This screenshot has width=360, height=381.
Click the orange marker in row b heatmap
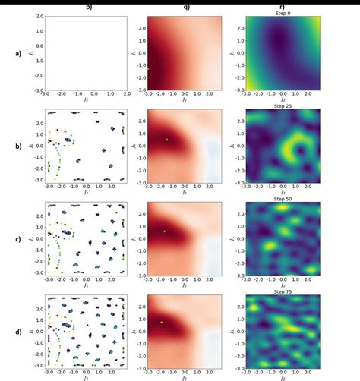(166, 140)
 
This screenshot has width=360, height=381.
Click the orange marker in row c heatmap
(163, 231)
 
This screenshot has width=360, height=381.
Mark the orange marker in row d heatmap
(161, 323)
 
